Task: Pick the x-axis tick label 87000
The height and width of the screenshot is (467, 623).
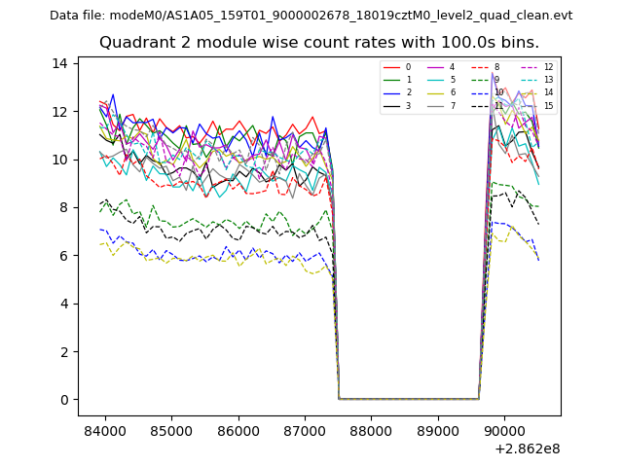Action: (x=305, y=430)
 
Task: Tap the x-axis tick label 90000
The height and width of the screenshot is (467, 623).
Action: (x=504, y=430)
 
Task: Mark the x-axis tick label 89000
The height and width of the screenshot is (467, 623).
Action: (x=437, y=430)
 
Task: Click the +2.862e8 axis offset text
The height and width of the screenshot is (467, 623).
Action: (x=527, y=449)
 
